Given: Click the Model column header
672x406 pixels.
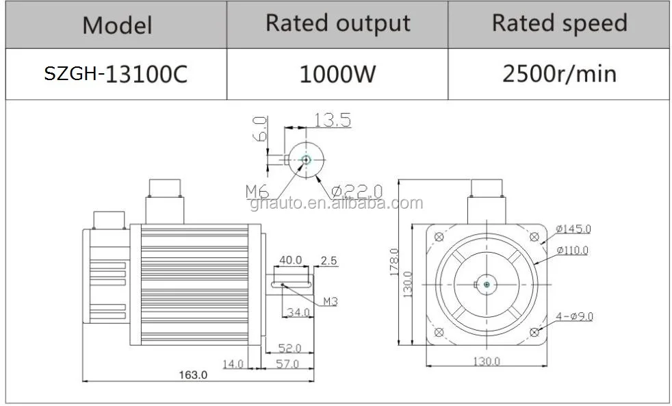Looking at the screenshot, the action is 117,25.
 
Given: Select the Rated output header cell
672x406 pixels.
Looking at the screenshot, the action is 338,24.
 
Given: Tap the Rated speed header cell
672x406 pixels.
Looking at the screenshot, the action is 559,24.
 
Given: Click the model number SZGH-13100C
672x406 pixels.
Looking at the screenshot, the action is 116,74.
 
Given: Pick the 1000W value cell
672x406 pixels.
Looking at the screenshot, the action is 337,74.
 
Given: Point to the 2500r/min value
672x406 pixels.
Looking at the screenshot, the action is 559,74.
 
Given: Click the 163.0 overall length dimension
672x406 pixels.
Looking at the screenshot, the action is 193,375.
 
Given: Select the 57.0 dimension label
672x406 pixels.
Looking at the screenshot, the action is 287,364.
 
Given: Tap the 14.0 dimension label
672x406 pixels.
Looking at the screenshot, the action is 233,364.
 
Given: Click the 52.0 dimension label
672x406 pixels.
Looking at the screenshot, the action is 289,348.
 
